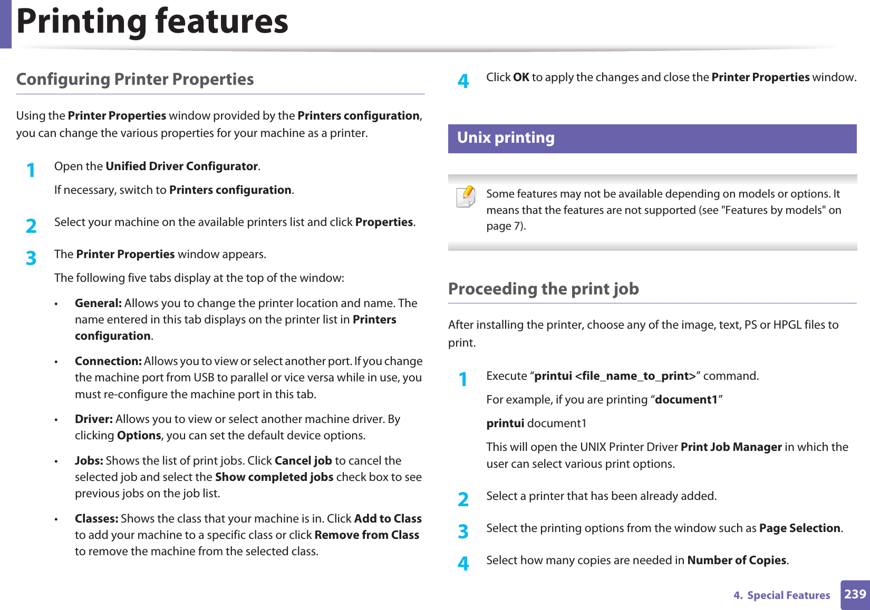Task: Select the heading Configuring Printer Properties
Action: (135, 79)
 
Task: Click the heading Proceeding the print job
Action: (543, 289)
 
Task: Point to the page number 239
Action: (855, 594)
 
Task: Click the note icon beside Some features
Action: (466, 196)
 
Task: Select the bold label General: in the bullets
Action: (98, 303)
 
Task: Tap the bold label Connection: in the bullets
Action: (108, 361)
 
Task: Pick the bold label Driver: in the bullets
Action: (94, 419)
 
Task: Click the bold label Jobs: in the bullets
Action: (89, 461)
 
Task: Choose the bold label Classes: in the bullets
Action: (96, 519)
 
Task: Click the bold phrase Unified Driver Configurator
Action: (181, 166)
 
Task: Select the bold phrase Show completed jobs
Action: (274, 477)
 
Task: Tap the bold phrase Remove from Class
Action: (366, 535)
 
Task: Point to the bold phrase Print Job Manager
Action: (731, 447)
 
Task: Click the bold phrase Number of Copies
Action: (737, 560)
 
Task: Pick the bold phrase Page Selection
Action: (799, 528)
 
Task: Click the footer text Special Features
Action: (788, 595)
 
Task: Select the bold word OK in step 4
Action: (521, 77)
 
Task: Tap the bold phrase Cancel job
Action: (303, 461)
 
